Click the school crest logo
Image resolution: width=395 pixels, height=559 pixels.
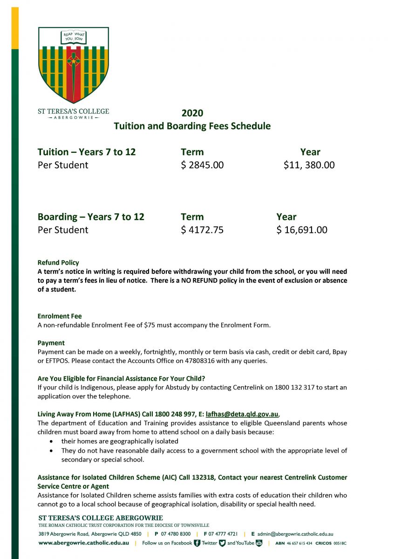pyautogui.click(x=74, y=65)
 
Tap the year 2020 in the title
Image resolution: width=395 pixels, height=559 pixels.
pyautogui.click(x=192, y=113)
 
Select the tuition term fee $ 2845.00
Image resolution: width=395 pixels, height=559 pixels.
pyautogui.click(x=202, y=165)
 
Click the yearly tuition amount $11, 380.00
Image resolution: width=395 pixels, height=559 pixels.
pyautogui.click(x=309, y=165)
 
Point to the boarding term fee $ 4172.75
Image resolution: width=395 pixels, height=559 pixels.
pyautogui.click(x=202, y=230)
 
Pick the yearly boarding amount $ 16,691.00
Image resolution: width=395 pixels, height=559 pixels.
pyautogui.click(x=302, y=230)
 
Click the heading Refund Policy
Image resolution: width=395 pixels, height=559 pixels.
pyautogui.click(x=58, y=263)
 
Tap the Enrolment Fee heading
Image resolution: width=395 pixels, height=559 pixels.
pyautogui.click(x=60, y=316)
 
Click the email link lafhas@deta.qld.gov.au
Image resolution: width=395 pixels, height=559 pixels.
pyautogui.click(x=242, y=414)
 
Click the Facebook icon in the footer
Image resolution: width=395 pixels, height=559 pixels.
pyautogui.click(x=197, y=543)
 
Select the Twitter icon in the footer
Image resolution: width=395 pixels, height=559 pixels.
pyautogui.click(x=222, y=543)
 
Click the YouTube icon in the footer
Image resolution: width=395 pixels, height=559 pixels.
pyautogui.click(x=259, y=543)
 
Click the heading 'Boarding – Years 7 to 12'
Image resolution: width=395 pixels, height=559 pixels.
pyautogui.click(x=91, y=217)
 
